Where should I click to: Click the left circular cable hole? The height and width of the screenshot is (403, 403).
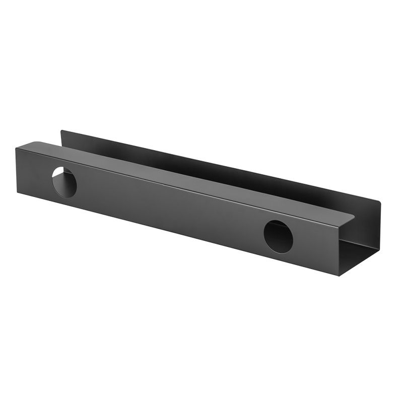pyautogui.click(x=64, y=181)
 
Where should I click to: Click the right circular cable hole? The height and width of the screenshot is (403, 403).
pyautogui.click(x=278, y=236)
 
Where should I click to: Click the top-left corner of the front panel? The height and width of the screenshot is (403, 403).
pyautogui.click(x=16, y=148)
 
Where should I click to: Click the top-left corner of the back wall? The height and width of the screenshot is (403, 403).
pyautogui.click(x=61, y=131)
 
